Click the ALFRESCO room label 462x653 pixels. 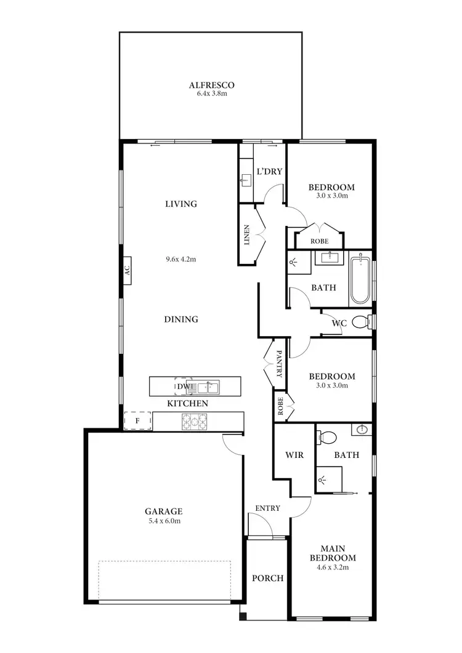[211, 86]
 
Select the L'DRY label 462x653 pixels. [269, 171]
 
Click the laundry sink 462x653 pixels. [246, 180]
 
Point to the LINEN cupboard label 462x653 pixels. [247, 235]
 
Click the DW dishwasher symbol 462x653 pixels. [183, 387]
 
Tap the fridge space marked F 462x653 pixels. [138, 421]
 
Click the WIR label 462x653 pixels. [292, 456]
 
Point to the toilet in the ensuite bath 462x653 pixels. [327, 438]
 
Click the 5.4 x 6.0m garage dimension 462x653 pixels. [163, 521]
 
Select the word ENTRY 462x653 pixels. [268, 508]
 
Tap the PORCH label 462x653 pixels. [268, 578]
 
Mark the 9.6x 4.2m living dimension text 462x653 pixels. [180, 259]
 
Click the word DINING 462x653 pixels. [181, 319]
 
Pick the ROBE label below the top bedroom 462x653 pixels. [319, 241]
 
